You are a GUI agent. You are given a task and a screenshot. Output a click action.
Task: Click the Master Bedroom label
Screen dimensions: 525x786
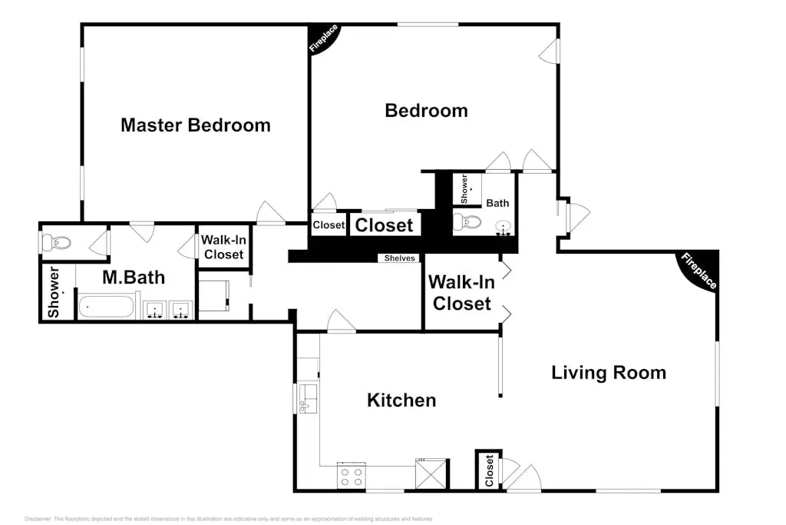click(195, 125)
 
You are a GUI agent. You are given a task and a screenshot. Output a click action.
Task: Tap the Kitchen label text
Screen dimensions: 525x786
click(401, 400)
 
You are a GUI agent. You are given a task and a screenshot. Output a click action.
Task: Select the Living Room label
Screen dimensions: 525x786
click(609, 373)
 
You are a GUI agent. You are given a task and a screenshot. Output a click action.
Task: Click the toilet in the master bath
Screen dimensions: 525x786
click(57, 243)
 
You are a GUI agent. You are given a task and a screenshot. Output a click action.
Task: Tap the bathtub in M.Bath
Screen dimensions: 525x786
click(106, 307)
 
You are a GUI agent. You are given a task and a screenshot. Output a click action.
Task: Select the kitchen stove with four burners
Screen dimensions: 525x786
click(352, 476)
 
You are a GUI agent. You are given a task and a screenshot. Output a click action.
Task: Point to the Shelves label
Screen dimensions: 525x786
click(400, 258)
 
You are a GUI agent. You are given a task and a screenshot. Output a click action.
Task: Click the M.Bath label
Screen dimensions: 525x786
click(134, 277)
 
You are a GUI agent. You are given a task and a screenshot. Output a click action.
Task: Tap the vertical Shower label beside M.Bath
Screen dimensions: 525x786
click(54, 292)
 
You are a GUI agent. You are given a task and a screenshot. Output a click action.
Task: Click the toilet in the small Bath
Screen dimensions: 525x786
click(467, 223)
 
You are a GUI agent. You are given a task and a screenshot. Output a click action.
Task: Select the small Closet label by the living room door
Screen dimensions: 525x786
click(488, 470)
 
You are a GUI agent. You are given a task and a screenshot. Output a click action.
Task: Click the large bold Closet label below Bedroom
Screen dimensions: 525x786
click(384, 225)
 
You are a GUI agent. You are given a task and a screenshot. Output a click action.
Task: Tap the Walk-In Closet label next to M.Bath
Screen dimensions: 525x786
click(223, 247)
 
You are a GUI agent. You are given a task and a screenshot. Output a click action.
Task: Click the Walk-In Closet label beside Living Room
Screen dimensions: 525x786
click(461, 293)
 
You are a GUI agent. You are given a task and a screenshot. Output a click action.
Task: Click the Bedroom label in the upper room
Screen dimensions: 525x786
click(426, 110)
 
